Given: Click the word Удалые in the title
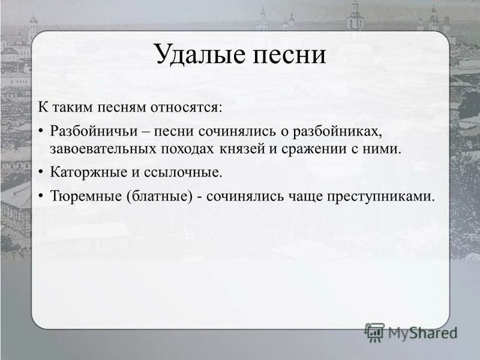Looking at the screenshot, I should tap(195, 56).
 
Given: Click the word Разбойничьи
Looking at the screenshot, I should tap(90, 131).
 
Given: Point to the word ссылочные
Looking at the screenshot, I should tap(184, 172).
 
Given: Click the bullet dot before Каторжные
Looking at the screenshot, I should tap(40, 173).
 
